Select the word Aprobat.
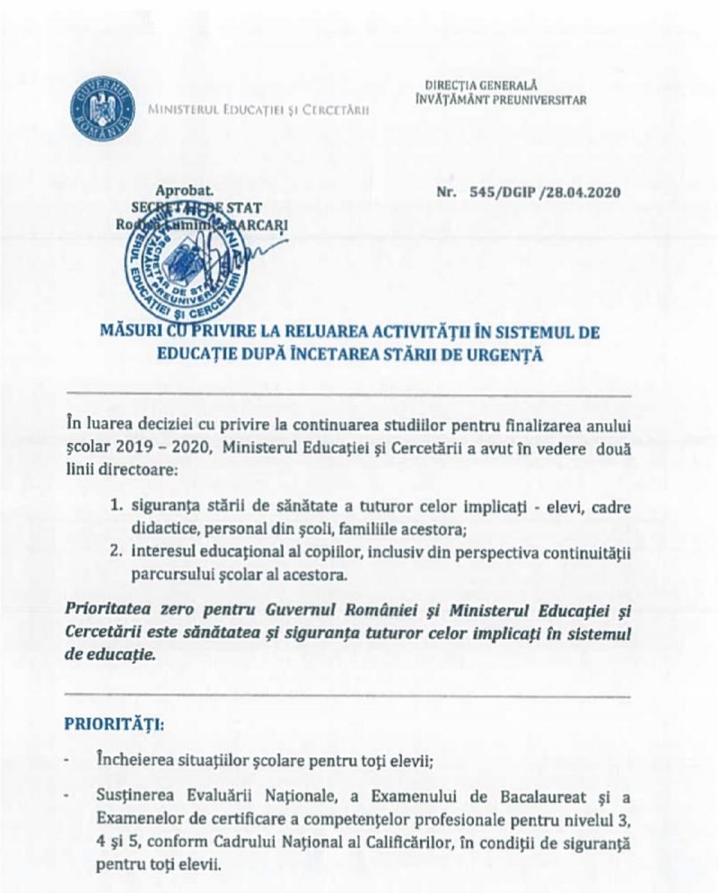185,191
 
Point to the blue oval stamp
187,261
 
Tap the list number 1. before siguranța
117,507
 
